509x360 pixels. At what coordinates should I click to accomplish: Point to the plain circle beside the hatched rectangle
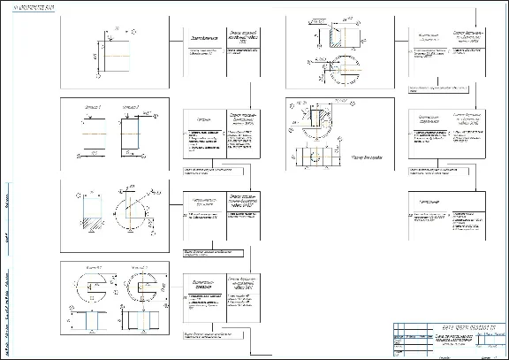click(x=133, y=211)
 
